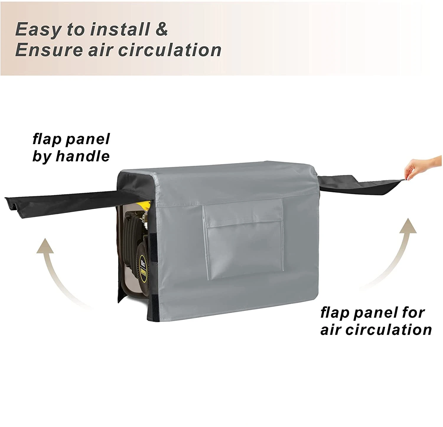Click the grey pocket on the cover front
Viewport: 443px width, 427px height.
click(x=243, y=233)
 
